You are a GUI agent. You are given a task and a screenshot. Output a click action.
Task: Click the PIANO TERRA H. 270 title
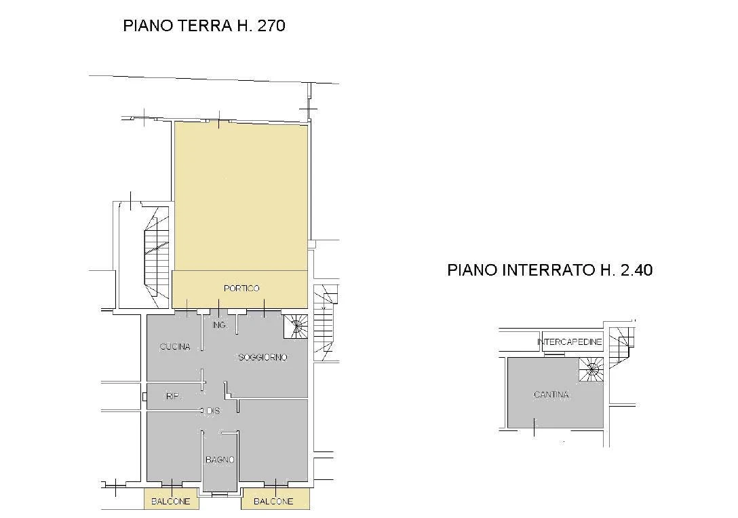tap(204, 25)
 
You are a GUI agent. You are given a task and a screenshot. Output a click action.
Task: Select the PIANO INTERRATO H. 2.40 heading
tap(549, 270)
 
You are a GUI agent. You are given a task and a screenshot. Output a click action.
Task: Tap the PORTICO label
tap(241, 289)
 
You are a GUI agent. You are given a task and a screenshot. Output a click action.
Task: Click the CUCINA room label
tap(175, 347)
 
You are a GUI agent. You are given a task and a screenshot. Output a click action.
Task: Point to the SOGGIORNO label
tap(263, 357)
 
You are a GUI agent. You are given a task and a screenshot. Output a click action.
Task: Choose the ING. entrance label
tap(219, 325)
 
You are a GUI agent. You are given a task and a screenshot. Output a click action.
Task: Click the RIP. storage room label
tap(173, 396)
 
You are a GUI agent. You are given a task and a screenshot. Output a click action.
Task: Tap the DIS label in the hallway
tap(213, 411)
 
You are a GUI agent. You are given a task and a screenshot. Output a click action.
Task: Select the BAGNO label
tap(220, 460)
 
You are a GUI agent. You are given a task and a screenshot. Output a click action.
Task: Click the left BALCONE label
tap(171, 502)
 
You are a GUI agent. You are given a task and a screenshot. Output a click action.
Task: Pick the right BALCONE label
tap(273, 502)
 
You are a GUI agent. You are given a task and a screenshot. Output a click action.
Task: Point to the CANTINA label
tap(551, 394)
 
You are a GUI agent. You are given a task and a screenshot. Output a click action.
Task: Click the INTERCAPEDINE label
tap(570, 342)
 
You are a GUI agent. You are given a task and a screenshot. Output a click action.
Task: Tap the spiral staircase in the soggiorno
tap(296, 327)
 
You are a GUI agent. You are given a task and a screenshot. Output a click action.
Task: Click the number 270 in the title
tap(271, 25)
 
